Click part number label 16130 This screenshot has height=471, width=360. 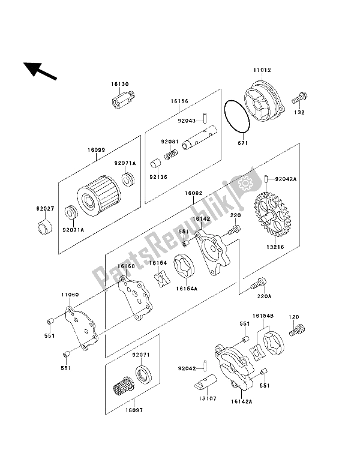click(x=120, y=85)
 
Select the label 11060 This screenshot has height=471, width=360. click(x=70, y=295)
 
